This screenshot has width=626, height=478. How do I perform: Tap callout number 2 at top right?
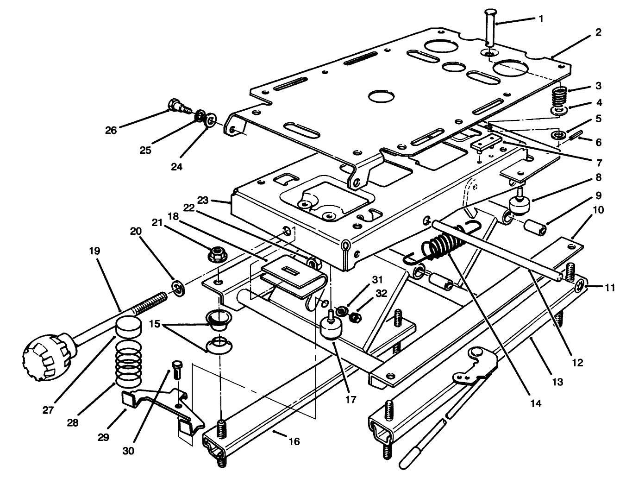598,32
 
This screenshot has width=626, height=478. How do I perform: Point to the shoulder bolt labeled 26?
178,106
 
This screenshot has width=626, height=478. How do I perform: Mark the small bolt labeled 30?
176,370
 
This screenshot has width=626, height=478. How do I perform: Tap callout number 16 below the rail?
294,441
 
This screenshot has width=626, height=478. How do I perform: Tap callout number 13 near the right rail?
557,382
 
